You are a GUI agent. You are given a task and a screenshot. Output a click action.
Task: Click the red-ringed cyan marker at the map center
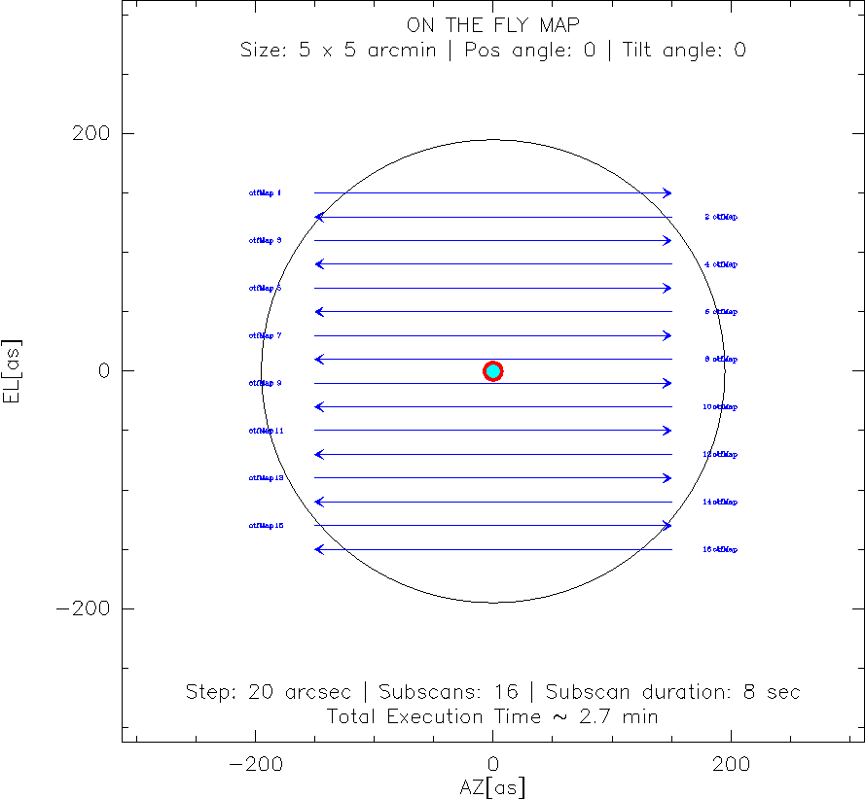pyautogui.click(x=493, y=370)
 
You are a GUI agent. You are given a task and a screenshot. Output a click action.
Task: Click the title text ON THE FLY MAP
pyautogui.click(x=492, y=25)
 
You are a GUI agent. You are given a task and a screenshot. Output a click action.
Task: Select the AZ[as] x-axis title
pyautogui.click(x=492, y=786)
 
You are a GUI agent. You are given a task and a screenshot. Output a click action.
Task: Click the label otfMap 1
pyautogui.click(x=265, y=193)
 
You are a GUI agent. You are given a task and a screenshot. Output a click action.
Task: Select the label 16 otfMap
pyautogui.click(x=720, y=550)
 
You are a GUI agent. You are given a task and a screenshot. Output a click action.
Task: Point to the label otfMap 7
pyautogui.click(x=265, y=336)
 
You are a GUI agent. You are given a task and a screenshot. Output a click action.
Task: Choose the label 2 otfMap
pyautogui.click(x=721, y=217)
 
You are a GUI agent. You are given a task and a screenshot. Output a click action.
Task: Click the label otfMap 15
pyautogui.click(x=266, y=526)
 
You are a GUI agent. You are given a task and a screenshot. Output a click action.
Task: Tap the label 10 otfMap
pyautogui.click(x=720, y=407)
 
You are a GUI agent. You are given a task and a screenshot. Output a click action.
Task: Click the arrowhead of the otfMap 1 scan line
pyautogui.click(x=667, y=193)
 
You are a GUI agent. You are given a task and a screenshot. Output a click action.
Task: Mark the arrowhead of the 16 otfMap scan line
pyautogui.click(x=318, y=550)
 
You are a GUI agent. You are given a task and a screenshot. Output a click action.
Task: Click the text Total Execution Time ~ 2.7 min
pyautogui.click(x=492, y=717)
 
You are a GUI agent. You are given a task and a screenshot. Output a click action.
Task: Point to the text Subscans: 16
pyautogui.click(x=448, y=693)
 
